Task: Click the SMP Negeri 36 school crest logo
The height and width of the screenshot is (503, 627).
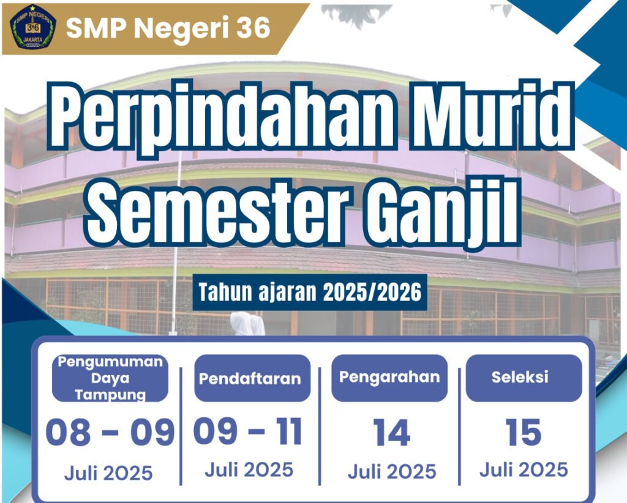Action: click(x=33, y=27)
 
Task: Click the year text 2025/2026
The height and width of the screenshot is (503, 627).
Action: click(x=372, y=292)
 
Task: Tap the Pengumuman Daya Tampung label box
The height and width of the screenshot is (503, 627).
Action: click(x=110, y=378)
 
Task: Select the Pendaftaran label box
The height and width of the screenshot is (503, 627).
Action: click(x=252, y=378)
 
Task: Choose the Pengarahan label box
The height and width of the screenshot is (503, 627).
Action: click(x=389, y=378)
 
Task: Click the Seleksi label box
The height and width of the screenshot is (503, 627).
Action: click(x=524, y=378)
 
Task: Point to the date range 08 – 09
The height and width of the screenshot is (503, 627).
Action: click(x=110, y=433)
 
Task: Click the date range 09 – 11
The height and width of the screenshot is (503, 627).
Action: click(x=248, y=431)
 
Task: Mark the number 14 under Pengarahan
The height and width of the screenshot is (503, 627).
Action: click(x=391, y=433)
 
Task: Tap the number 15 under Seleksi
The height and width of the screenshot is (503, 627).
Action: click(x=524, y=432)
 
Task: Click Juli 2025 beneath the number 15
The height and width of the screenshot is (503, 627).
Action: click(x=524, y=469)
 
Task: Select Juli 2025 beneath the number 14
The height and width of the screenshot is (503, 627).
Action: click(x=392, y=472)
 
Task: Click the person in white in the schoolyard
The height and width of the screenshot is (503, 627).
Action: click(x=247, y=324)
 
